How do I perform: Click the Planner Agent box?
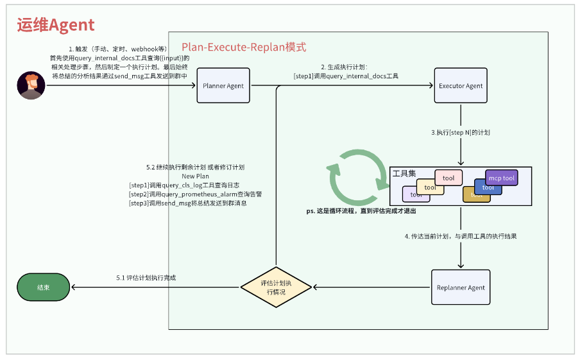pyautogui.click(x=223, y=85)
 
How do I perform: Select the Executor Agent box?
pyautogui.click(x=461, y=85)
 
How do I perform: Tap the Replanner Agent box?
pyautogui.click(x=461, y=287)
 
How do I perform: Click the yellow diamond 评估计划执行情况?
pyautogui.click(x=275, y=287)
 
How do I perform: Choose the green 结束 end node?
pyautogui.click(x=44, y=287)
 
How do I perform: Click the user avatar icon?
pyautogui.click(x=31, y=86)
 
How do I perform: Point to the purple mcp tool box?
pyautogui.click(x=502, y=178)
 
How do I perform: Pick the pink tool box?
pyautogui.click(x=448, y=178)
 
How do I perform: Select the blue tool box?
pyautogui.click(x=488, y=187)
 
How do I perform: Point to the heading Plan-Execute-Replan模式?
pyautogui.click(x=244, y=47)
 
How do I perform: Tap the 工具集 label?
pyautogui.click(x=404, y=174)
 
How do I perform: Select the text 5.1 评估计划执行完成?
pyautogui.click(x=146, y=278)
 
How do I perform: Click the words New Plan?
pyautogui.click(x=195, y=176)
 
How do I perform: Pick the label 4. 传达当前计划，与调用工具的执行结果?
pyautogui.click(x=461, y=236)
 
